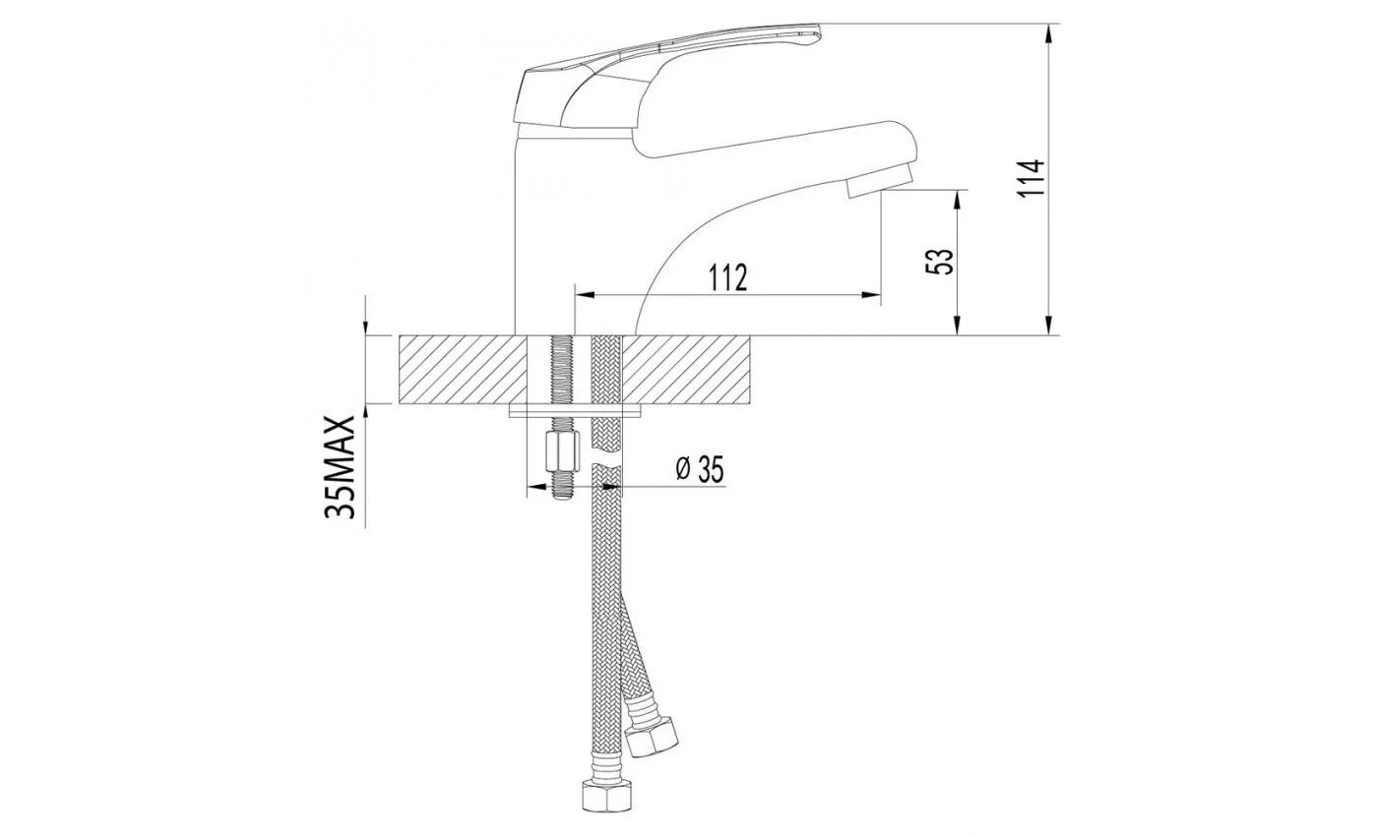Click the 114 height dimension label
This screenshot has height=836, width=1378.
click(x=1032, y=178)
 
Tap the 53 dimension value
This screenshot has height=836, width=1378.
click(x=939, y=262)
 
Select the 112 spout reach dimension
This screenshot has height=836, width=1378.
click(x=728, y=277)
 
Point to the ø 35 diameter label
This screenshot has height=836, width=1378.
click(x=700, y=469)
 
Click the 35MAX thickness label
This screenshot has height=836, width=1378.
click(x=341, y=468)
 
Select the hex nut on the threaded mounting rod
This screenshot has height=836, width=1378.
click(x=562, y=451)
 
